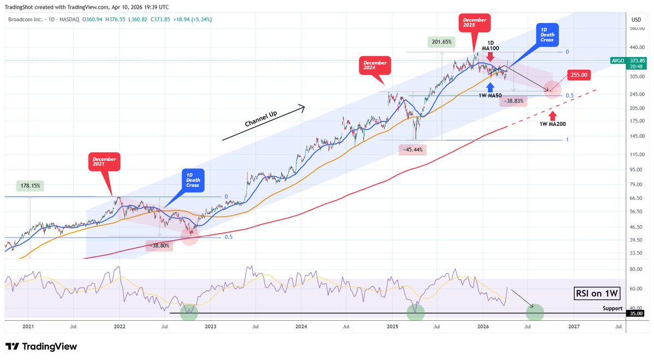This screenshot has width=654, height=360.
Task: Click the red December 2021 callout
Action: click(104, 162)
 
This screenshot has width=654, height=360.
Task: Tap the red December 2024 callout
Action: click(375, 66)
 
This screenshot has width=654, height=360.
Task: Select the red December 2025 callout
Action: click(474, 23)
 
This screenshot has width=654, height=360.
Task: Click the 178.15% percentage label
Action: click(30, 185)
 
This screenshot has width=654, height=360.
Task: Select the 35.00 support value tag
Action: click(636, 314)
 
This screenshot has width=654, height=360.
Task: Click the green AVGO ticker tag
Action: click(617, 61)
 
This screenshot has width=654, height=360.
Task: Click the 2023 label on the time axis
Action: click(210, 326)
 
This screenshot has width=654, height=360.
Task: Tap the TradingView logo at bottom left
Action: click(41, 346)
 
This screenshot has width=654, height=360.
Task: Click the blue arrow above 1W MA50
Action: click(491, 87)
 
